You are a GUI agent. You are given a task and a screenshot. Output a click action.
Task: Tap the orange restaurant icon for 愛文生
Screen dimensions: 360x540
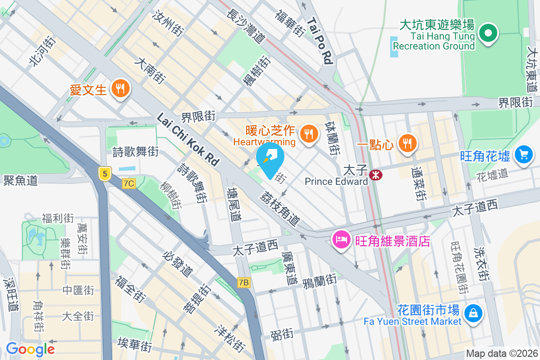tap(120, 89)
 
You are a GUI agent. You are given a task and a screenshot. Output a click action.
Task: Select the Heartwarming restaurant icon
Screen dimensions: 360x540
tap(309, 134)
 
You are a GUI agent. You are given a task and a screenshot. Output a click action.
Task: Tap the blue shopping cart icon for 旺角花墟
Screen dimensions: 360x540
tap(523, 155)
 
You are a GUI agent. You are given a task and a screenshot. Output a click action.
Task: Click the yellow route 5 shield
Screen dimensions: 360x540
tap(105, 173)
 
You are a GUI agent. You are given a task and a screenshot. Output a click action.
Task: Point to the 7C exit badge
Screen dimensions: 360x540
tap(129, 183)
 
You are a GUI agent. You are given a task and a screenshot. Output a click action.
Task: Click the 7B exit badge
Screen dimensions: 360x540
tap(243, 283)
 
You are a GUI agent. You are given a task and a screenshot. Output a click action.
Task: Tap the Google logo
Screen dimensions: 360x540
tap(30, 349)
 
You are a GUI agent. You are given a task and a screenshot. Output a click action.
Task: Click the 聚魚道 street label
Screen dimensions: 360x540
tap(20, 180)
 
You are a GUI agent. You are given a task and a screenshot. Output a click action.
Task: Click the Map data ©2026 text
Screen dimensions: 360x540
tap(502, 354)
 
